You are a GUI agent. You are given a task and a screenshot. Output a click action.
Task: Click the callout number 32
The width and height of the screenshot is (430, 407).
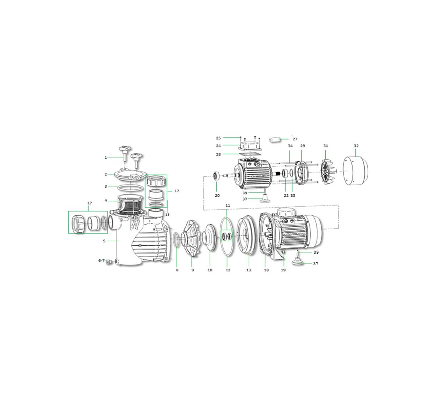coord(356,146)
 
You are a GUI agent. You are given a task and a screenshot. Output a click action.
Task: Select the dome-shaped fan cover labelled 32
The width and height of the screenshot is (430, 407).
coord(356,170)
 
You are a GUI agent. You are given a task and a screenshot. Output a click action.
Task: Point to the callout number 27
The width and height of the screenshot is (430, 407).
coord(295,139)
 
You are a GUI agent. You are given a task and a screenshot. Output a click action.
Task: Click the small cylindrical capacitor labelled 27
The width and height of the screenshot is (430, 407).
coord(276,140)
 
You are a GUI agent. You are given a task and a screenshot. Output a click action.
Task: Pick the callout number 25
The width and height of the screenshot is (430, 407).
coord(218,138)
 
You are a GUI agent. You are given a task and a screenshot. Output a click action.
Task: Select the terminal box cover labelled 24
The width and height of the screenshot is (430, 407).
coord(250,145)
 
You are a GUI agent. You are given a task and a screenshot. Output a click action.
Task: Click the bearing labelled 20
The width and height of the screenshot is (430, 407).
coord(217,176)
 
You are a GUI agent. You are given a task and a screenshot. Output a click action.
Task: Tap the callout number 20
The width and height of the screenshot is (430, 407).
coord(217,195)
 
